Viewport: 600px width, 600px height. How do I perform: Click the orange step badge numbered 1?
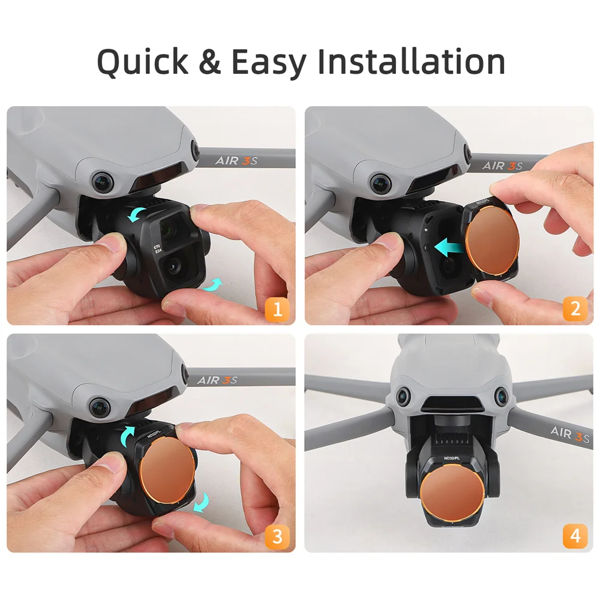coord(277,309)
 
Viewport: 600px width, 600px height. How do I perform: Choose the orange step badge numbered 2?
coord(575,309)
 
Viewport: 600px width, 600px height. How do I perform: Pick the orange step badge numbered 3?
coord(277,536)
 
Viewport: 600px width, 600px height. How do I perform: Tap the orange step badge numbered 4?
coord(575,536)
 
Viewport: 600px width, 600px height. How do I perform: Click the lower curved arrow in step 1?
coord(211,286)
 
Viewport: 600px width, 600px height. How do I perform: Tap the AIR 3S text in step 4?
coord(569,433)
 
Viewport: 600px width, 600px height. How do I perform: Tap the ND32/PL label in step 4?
coord(453,459)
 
